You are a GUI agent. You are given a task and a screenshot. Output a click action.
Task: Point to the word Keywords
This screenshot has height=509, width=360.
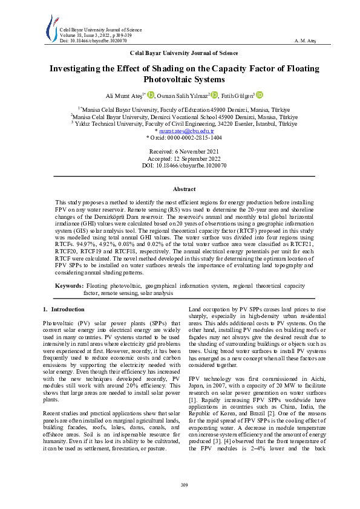pyautogui.click(x=69, y=285)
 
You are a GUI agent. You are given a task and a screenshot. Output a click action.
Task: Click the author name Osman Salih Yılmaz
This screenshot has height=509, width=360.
pyautogui.click(x=183, y=96)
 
